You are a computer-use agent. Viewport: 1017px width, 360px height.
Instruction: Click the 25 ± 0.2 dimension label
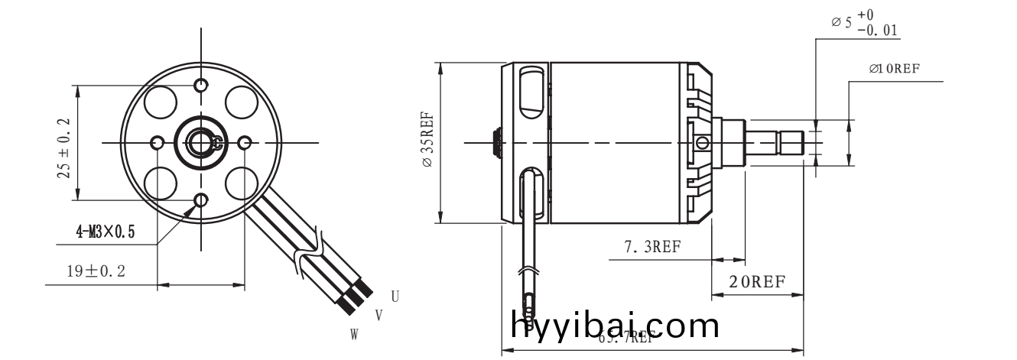[63, 148]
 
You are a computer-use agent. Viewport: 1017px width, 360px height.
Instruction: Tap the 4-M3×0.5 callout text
[105, 232]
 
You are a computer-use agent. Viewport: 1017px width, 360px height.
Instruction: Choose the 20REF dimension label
[756, 281]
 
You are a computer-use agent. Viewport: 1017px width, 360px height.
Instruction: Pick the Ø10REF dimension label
[894, 68]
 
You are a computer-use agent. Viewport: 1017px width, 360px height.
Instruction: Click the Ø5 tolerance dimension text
[864, 24]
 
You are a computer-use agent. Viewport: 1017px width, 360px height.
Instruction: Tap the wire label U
[395, 296]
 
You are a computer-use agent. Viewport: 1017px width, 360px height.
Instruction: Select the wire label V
[378, 315]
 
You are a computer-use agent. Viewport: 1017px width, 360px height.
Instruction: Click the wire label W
[355, 334]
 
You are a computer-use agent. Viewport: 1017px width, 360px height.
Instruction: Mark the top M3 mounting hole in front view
[201, 84]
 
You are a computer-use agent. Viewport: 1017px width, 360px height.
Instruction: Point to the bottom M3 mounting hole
[201, 201]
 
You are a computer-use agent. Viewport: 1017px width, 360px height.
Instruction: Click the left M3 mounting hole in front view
[158, 143]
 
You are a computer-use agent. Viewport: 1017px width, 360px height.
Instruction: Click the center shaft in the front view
[202, 142]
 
